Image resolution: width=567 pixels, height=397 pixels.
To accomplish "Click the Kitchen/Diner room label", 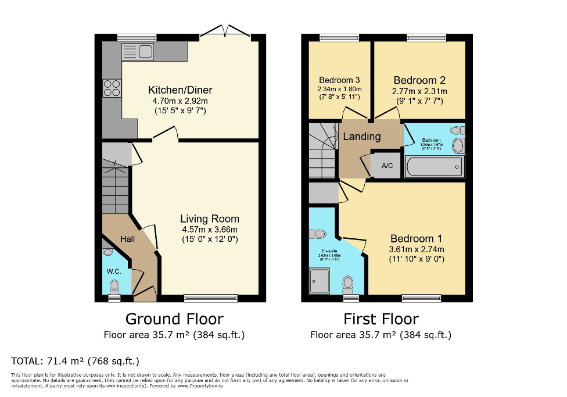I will click(180, 90).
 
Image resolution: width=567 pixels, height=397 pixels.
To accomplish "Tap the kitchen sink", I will click(138, 52).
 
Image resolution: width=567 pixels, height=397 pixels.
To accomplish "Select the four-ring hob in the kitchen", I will click(112, 88).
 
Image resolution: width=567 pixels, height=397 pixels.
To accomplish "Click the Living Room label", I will click(209, 219).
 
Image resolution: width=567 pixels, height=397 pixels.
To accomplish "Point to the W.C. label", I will click(112, 271).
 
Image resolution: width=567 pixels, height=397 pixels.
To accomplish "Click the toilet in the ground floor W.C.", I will click(114, 285).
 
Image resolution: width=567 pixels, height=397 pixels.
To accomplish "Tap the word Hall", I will click(127, 239).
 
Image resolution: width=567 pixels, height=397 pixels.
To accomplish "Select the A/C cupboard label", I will click(387, 165).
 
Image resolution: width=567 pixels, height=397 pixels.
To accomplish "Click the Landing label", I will click(362, 137).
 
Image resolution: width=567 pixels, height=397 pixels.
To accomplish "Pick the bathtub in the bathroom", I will click(434, 167).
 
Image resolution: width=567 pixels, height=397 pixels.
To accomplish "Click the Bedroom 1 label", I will click(416, 238).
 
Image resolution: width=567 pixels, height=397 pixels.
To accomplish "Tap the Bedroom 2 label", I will click(419, 80).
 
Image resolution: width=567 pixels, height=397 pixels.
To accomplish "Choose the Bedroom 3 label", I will click(339, 80).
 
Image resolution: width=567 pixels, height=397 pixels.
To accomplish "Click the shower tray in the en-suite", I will click(319, 281).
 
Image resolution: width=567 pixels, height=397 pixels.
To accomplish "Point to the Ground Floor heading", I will click(174, 319).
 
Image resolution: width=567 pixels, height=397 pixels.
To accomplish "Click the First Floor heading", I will click(381, 319).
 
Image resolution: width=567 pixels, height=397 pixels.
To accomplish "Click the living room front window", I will click(211, 298).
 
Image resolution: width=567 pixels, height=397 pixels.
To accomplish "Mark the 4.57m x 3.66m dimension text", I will click(209, 230).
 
